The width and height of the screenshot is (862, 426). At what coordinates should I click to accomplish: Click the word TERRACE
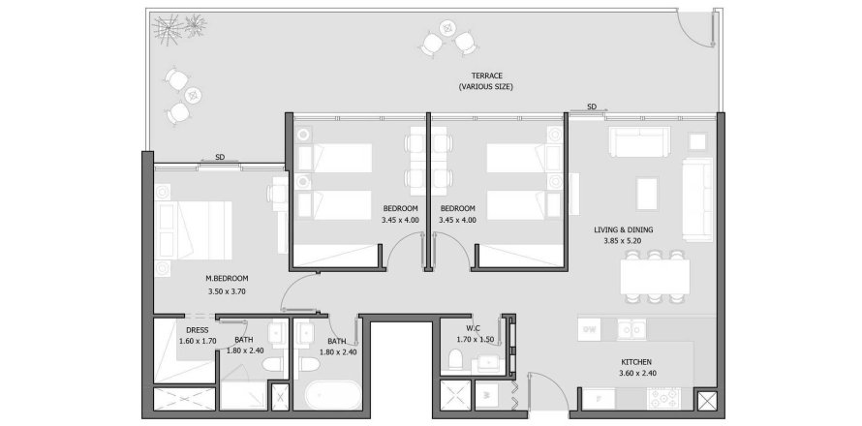tap(485, 76)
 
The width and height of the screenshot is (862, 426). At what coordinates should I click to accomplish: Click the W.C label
tap(473, 328)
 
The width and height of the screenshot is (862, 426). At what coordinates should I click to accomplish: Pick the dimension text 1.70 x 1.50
tap(475, 340)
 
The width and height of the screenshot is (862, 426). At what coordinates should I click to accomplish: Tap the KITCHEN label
tap(637, 363)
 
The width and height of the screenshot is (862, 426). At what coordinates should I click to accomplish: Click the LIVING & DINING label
tap(624, 229)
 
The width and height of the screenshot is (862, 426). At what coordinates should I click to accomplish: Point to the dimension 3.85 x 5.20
tap(624, 242)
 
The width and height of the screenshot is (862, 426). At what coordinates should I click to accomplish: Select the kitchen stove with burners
tap(664, 398)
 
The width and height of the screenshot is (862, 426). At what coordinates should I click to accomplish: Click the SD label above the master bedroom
tap(220, 157)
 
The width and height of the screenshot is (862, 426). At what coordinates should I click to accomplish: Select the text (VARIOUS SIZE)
tap(485, 87)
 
